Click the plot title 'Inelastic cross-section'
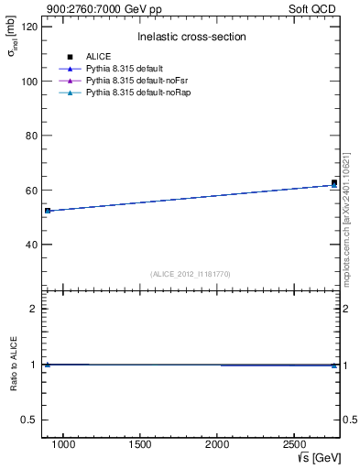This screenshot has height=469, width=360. (191, 37)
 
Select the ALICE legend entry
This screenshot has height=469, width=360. (98, 57)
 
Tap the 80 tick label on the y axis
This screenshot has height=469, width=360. (32, 136)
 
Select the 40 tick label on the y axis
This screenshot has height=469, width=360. (32, 245)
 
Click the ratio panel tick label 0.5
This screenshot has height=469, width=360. (29, 420)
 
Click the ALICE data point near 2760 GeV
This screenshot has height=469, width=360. (334, 182)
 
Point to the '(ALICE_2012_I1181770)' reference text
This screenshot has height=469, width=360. (191, 274)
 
